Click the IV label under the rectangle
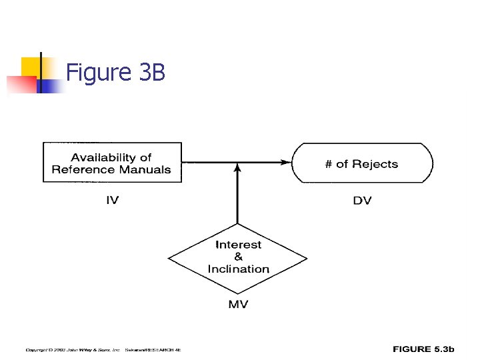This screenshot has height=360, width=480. tap(113, 200)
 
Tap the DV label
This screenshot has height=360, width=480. tap(362, 200)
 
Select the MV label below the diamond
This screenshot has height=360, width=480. tap(238, 304)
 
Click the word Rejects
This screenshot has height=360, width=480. tap(375, 164)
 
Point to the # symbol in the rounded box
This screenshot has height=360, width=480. tap(329, 164)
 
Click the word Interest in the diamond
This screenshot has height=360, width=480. tap(238, 245)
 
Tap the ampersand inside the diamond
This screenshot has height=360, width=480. tap(238, 257)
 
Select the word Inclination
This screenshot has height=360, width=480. tap(238, 269)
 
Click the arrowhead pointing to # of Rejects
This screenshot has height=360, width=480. tap(286, 161)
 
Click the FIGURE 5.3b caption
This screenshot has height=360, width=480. tap(423, 349)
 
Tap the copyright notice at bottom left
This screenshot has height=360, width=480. tap(103, 349)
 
